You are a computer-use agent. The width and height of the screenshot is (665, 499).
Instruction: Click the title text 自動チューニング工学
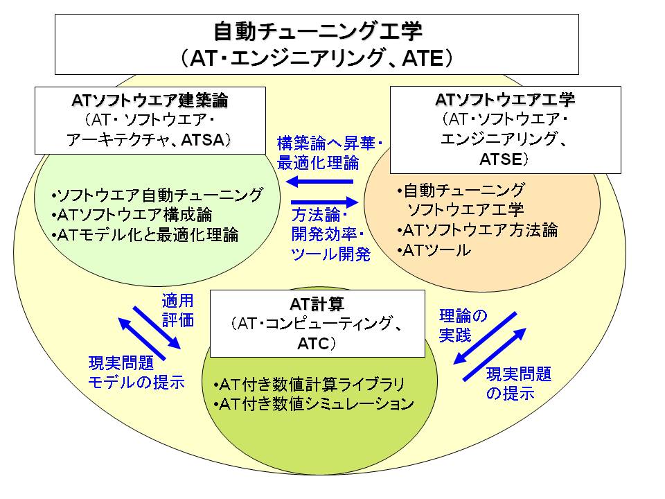[318, 31]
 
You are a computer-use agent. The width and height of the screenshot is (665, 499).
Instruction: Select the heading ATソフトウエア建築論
[150, 100]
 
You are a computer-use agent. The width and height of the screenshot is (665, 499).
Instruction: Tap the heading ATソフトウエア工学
[505, 99]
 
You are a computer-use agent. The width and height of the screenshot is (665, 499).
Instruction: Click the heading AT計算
[317, 304]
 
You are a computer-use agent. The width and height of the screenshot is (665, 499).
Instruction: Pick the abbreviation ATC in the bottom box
[313, 343]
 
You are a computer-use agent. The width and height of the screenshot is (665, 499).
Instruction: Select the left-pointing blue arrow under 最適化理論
[320, 182]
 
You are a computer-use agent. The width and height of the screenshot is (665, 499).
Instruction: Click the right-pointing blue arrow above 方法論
[325, 202]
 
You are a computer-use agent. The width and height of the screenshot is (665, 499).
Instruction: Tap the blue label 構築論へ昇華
[326, 143]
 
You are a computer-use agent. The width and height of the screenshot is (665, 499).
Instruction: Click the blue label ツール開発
[331, 254]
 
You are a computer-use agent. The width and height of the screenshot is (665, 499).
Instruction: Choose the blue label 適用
[178, 301]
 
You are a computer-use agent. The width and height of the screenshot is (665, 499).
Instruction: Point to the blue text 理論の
[463, 316]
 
